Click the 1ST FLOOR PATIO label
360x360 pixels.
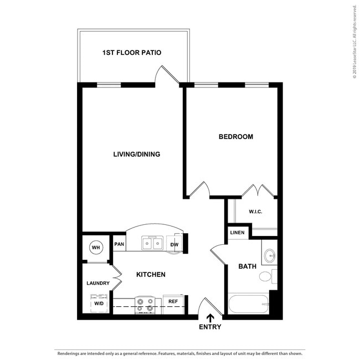click(132, 53)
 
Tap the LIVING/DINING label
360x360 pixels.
click(136, 154)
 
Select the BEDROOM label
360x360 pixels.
click(235, 136)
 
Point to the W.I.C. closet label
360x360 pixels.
click(255, 211)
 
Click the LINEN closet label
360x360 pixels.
click(237, 233)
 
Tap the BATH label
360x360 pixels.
click(247, 266)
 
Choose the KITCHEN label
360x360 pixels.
click(151, 274)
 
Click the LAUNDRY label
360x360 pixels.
click(98, 283)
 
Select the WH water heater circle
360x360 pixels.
click(95, 247)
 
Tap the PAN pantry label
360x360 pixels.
click(119, 244)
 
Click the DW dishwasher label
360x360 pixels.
click(174, 244)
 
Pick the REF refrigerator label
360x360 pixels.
click(173, 302)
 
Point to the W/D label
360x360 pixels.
click(99, 304)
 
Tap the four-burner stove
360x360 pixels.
click(145, 305)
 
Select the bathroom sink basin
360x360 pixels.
click(270, 255)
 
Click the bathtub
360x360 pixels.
click(249, 304)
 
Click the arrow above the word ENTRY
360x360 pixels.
click(210, 317)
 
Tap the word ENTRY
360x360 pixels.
click(210, 327)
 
